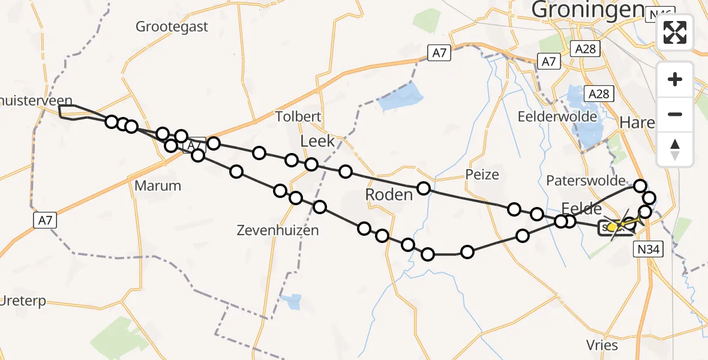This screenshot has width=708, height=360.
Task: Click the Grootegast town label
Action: [x=172, y=26]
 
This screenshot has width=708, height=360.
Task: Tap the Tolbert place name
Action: [x=298, y=116]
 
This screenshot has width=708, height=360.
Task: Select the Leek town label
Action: [x=317, y=142]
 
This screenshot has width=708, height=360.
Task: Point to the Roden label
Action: [x=389, y=194]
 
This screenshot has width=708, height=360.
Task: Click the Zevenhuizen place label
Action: [x=277, y=230]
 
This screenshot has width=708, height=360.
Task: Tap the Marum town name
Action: [x=158, y=185]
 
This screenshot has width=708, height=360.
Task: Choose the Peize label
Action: [x=482, y=175]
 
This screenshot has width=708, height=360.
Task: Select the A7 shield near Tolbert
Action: [x=440, y=53]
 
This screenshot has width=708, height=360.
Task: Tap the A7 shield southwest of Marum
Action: [x=45, y=220]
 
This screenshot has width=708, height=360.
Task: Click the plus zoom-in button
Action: [x=675, y=79]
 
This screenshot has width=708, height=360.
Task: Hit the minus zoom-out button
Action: [x=675, y=114]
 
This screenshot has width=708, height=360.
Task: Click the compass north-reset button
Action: [x=675, y=149]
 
